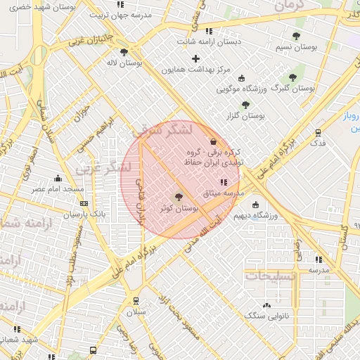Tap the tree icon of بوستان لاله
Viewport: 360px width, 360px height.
[x=124, y=51]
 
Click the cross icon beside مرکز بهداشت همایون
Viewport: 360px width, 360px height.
[x=195, y=58]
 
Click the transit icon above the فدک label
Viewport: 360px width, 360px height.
[x=319, y=131]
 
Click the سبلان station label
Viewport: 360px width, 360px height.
[x=136, y=311]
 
